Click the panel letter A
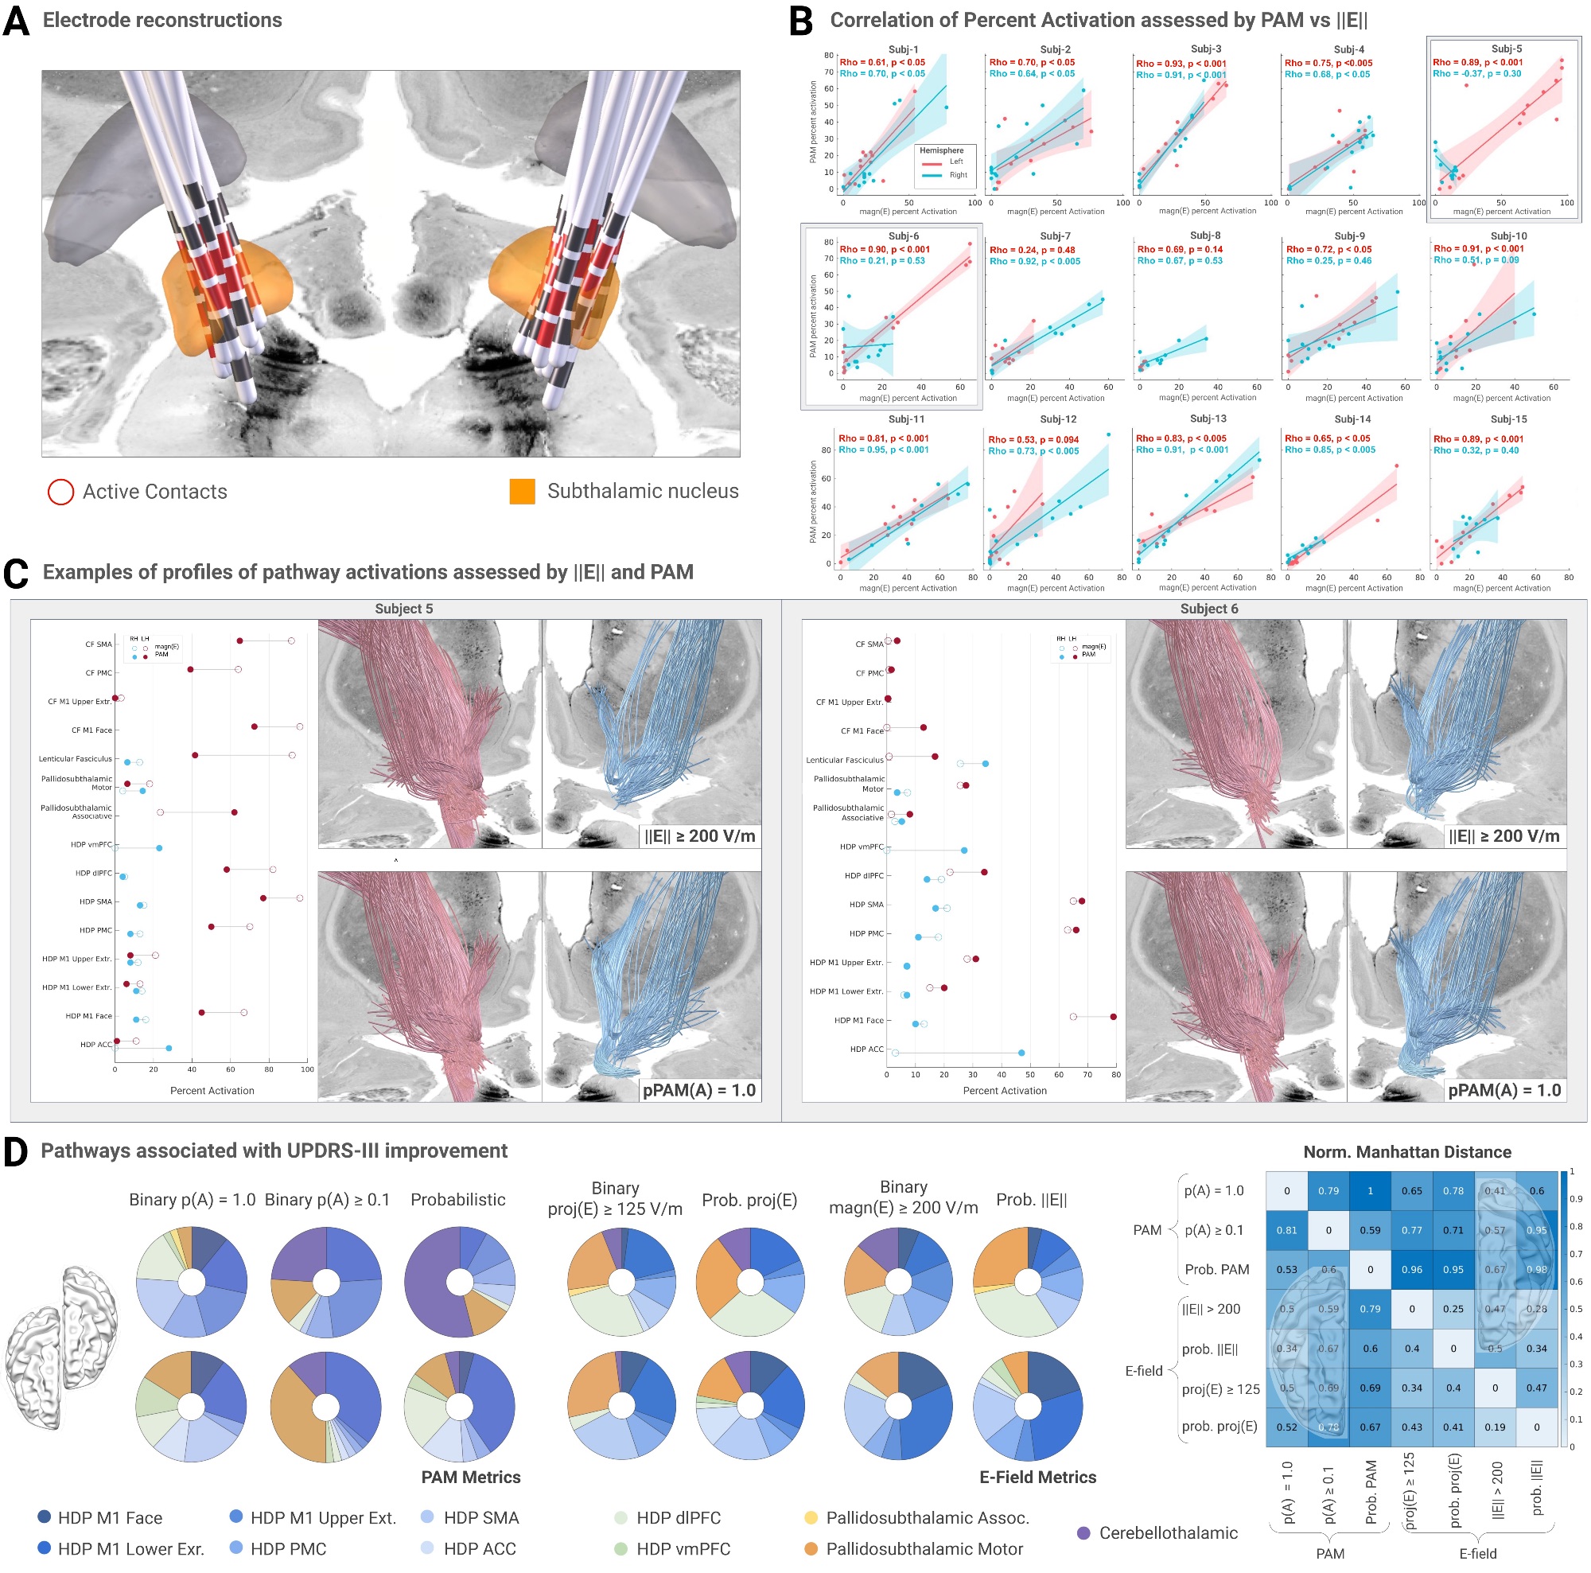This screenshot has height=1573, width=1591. point(17,21)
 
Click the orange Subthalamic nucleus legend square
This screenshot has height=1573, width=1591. point(522,492)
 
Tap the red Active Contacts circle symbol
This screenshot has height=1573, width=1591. point(61,493)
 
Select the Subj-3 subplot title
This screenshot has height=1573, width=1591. point(1206,49)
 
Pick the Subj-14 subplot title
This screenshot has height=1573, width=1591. point(1352,419)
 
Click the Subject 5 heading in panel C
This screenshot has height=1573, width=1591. point(403,609)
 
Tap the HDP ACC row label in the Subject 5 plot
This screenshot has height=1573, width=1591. point(96,1044)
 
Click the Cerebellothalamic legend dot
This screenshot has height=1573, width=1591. point(1083,1533)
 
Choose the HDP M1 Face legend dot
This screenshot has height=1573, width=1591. point(45,1517)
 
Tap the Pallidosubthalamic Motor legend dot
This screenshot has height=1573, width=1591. point(811,1549)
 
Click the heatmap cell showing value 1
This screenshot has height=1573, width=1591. point(1371,1191)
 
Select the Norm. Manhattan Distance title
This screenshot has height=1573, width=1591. point(1406,1152)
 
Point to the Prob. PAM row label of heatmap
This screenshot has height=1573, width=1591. point(1216,1270)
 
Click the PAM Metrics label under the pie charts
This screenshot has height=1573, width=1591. point(471,1478)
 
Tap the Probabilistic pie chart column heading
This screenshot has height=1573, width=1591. point(458,1200)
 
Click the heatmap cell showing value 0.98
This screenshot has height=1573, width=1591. point(1536,1270)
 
